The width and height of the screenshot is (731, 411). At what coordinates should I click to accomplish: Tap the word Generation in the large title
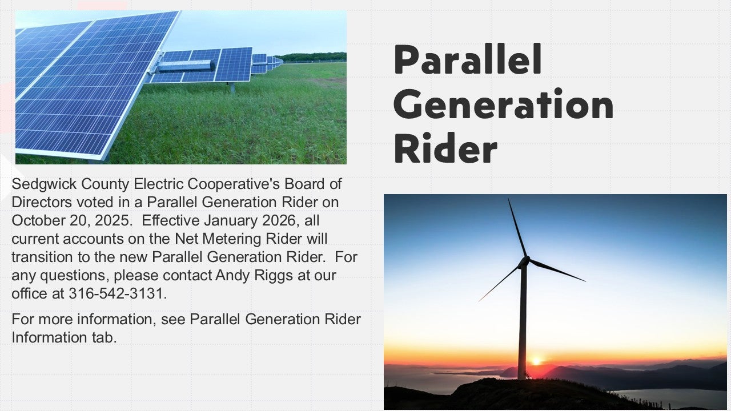pos(503,104)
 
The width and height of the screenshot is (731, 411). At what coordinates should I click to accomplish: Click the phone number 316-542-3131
pos(118,294)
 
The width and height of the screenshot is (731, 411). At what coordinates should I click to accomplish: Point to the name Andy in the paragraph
pos(232,276)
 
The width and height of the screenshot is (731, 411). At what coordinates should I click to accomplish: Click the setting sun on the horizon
pos(536,361)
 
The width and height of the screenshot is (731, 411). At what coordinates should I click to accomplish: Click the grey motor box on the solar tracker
pos(184,66)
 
